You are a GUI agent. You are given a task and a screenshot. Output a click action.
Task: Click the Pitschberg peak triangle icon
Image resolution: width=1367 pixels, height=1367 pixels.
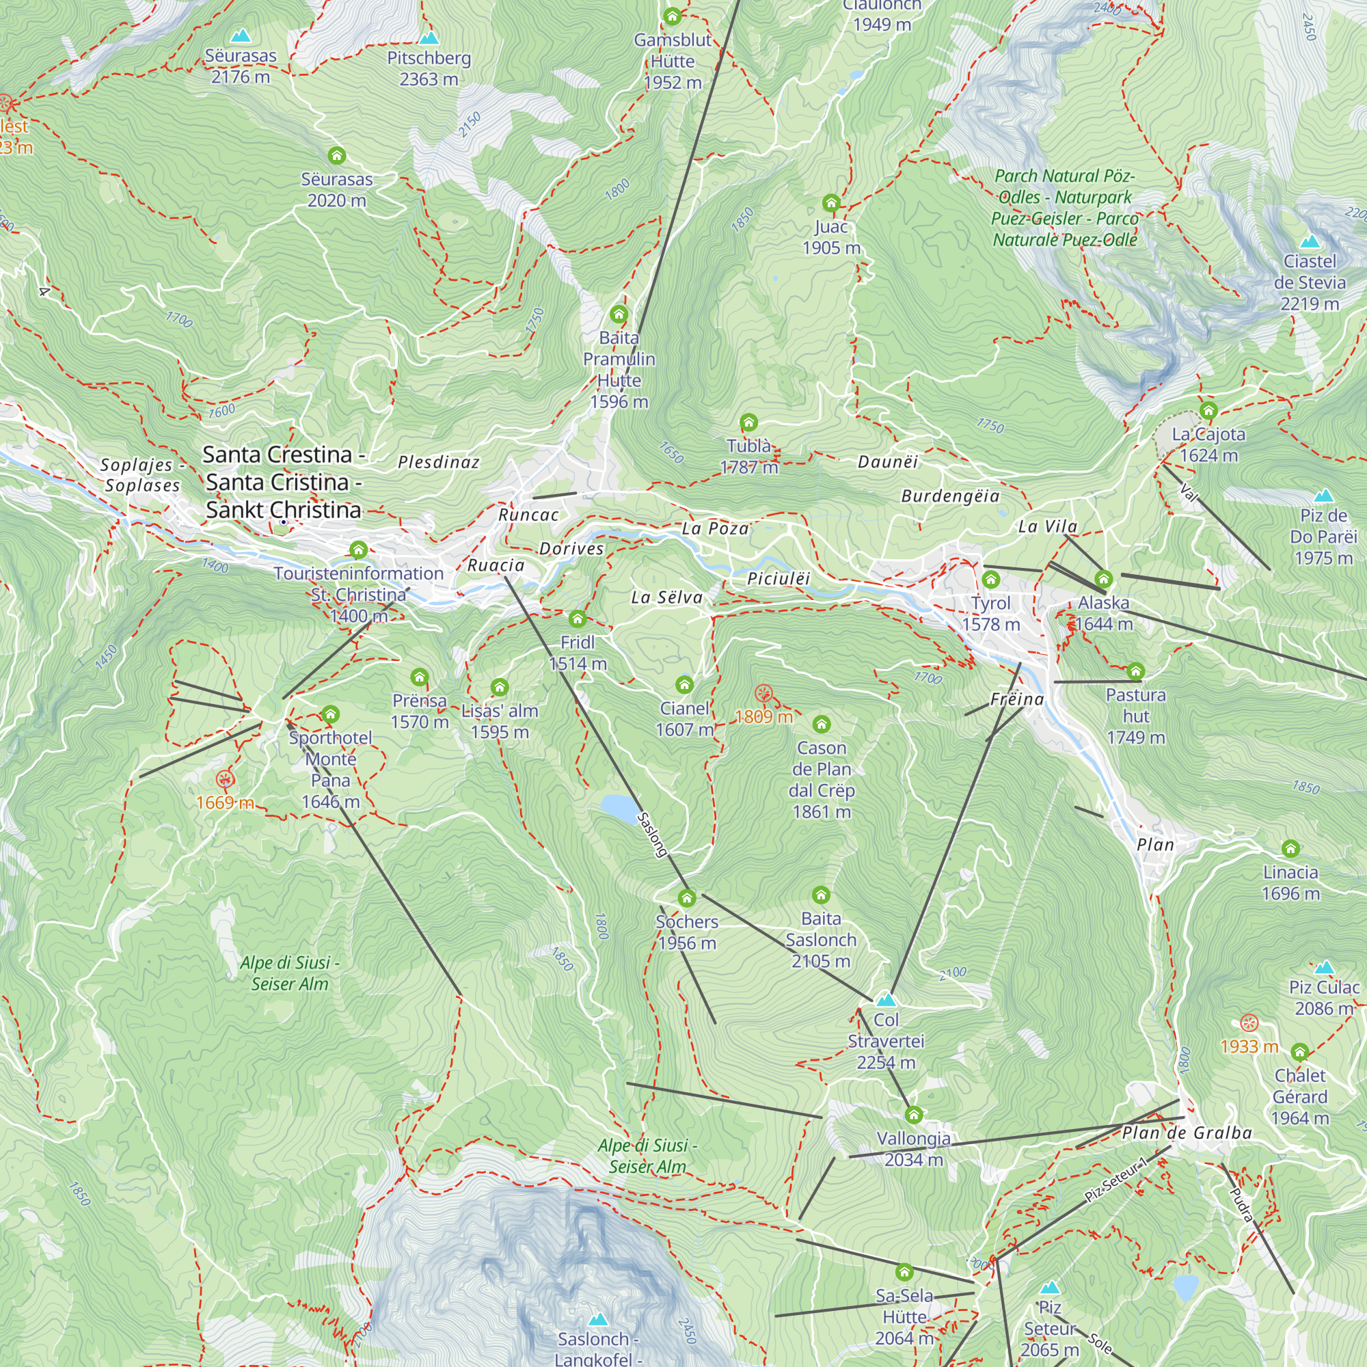pos(429,38)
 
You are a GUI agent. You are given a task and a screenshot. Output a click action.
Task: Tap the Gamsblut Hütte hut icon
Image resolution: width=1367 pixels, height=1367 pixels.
pos(671,16)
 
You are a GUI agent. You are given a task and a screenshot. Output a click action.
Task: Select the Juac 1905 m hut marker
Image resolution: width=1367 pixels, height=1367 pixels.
pos(831,204)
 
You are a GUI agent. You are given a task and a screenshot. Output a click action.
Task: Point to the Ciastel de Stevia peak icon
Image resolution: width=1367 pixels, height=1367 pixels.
pos(1310,242)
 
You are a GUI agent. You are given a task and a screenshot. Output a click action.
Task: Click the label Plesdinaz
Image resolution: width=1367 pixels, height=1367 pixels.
pos(439,462)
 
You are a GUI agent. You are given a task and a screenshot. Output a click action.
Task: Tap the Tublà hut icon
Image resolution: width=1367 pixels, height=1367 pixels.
pos(748,423)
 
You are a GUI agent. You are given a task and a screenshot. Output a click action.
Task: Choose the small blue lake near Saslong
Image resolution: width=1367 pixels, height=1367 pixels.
pos(619,807)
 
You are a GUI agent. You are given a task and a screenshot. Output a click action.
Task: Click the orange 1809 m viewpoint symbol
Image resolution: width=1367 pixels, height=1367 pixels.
pos(763,693)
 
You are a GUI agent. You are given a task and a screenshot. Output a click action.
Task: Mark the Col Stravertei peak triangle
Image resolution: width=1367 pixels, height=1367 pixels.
pos(886,1000)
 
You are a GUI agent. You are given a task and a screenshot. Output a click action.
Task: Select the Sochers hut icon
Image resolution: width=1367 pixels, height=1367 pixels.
pos(686,899)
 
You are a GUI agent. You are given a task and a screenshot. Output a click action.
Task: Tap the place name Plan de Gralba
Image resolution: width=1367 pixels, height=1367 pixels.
pos(1187,1133)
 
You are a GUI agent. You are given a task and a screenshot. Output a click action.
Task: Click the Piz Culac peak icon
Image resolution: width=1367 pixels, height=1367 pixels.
pos(1324,967)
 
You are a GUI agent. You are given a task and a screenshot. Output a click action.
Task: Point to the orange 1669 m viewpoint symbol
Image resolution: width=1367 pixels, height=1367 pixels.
pos(225,780)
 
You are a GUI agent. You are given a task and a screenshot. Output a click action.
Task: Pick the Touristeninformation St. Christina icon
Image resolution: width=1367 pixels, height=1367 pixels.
pos(358,550)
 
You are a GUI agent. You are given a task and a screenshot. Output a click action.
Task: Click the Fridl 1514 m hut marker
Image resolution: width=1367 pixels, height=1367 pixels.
pos(578,619)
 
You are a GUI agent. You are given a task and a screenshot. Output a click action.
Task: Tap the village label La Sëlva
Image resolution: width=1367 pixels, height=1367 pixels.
pos(666,597)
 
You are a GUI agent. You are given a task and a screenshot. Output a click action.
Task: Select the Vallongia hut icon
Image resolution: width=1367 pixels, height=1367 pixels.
pos(913,1115)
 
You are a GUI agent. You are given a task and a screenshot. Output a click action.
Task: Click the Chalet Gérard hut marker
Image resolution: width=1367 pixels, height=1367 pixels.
pos(1300,1051)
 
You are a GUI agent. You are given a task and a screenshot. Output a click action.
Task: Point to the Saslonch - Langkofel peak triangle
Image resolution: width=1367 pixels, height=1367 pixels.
pos(598,1319)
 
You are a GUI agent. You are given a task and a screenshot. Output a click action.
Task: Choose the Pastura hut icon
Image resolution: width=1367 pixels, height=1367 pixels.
pos(1135,671)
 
